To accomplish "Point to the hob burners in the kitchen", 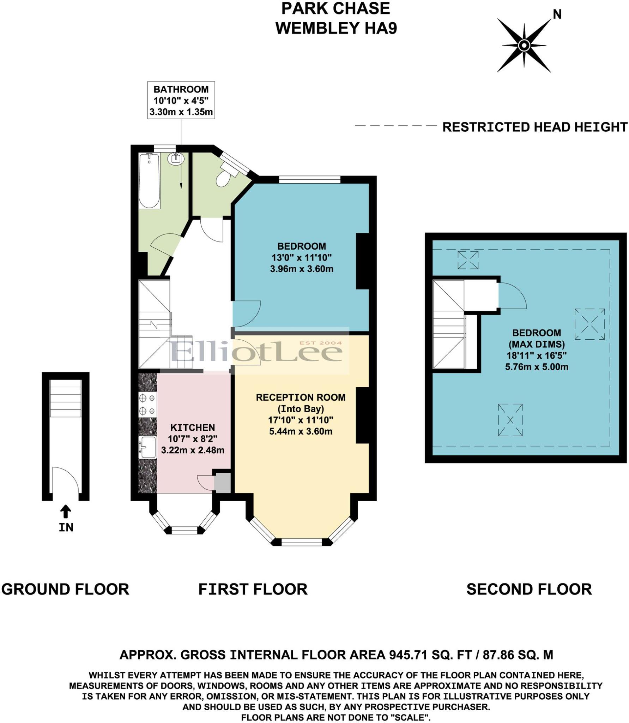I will (x=147, y=405).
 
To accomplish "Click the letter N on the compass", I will (x=557, y=14).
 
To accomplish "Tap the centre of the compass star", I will (x=524, y=45).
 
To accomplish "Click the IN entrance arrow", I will (x=66, y=511).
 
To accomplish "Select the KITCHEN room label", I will (x=192, y=428).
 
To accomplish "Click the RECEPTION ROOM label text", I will (x=300, y=398).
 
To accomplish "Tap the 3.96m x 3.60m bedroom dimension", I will (x=302, y=269).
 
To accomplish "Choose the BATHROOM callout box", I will (x=181, y=101).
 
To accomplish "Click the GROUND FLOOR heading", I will (x=65, y=589).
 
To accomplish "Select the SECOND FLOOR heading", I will (x=529, y=589).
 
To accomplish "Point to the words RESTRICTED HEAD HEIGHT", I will (x=534, y=127).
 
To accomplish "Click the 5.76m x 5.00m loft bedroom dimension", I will (x=536, y=367).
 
